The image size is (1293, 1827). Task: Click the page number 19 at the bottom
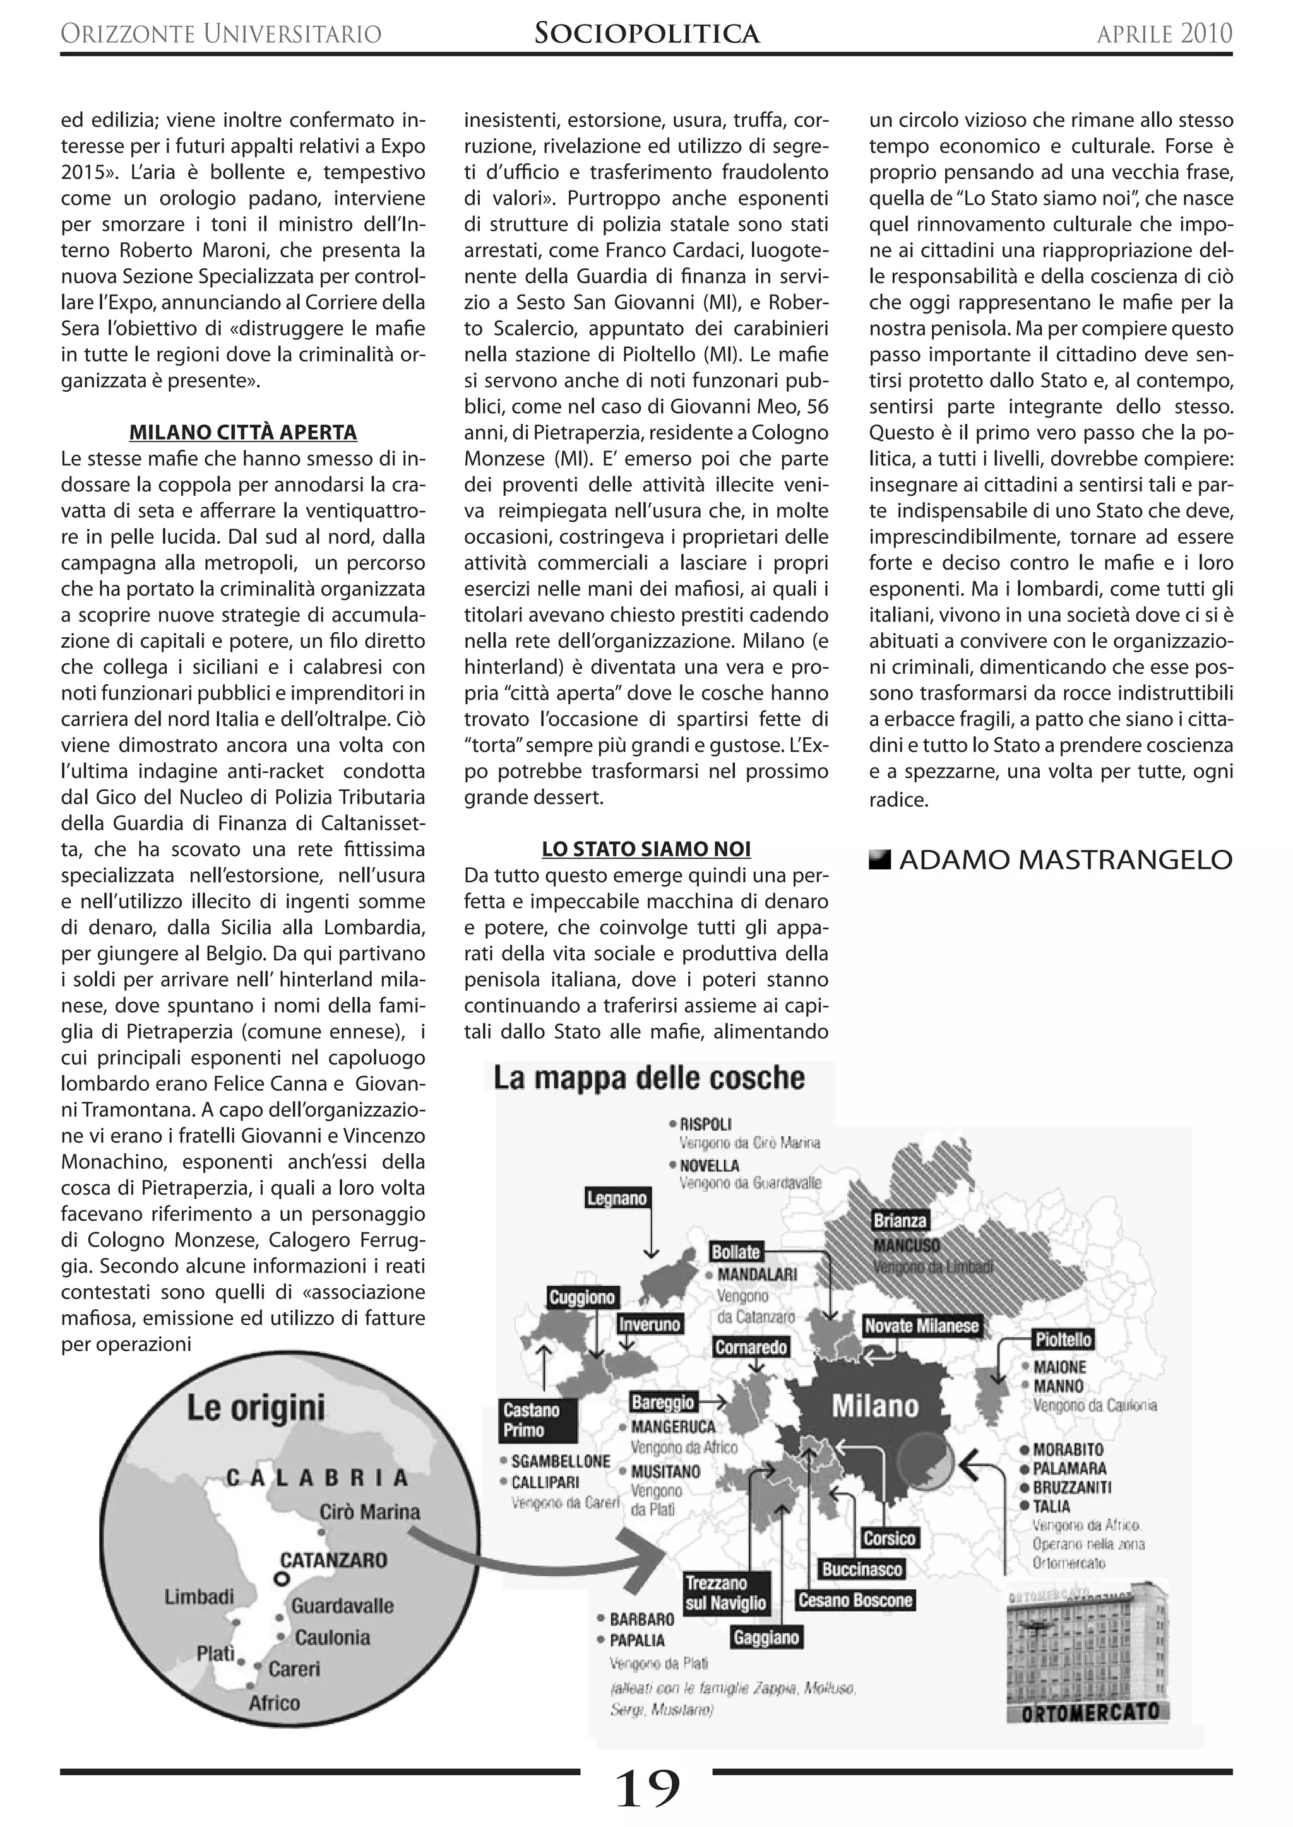click(647, 1789)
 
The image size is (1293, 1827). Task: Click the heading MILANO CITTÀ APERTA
click(243, 433)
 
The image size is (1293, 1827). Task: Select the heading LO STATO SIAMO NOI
click(646, 849)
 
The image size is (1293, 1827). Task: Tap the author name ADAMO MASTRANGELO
click(1065, 860)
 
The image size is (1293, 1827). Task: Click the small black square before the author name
click(879, 859)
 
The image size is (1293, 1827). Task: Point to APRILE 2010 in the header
click(1164, 33)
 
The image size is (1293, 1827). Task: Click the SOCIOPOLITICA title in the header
click(646, 33)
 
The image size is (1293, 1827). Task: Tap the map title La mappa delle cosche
click(649, 1078)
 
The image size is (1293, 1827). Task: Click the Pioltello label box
click(1063, 1340)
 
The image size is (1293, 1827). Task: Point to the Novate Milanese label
click(921, 1325)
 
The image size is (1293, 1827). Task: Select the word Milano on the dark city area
click(875, 1407)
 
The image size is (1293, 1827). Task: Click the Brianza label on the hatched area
click(900, 1221)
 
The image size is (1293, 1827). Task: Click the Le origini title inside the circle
click(256, 1407)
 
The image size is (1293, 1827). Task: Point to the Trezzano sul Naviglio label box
click(725, 1593)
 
